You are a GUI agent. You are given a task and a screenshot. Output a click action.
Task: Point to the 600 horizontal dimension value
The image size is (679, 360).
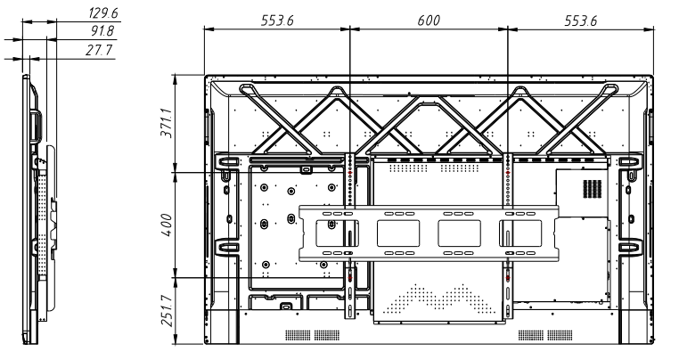click(429, 20)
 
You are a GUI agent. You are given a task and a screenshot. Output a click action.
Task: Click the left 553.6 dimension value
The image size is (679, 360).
click(277, 20)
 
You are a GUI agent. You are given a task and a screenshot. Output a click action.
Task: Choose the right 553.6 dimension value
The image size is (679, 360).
click(581, 20)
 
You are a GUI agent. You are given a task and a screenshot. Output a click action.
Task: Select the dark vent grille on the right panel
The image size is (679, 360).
click(589, 188)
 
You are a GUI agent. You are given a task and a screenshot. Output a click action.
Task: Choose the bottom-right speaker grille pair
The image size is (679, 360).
click(546, 335)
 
